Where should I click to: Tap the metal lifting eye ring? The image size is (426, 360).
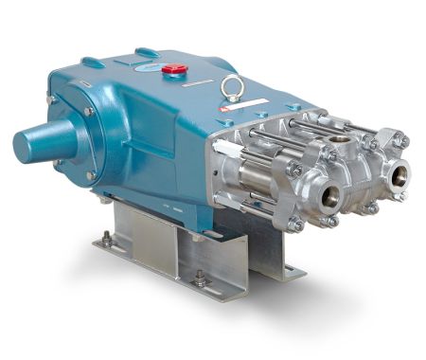point(231,88)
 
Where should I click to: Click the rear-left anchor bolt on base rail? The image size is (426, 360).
point(107,241)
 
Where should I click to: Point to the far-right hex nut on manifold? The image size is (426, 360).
point(404,141)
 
